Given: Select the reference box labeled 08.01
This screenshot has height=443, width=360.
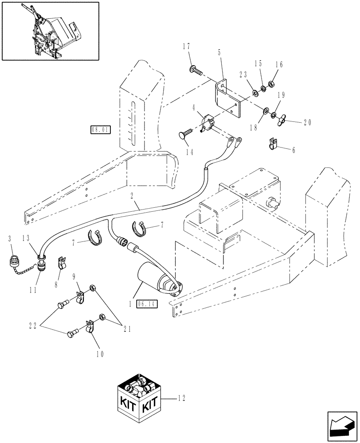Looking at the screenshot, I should tap(100, 130).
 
